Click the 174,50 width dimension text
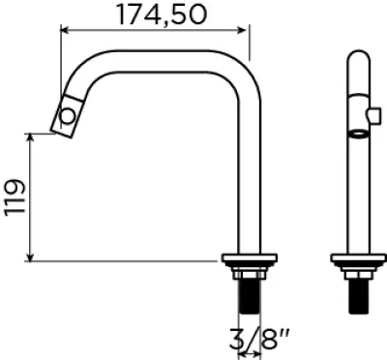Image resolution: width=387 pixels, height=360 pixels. tap(161, 15)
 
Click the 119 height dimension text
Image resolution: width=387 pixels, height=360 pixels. tap(15, 196)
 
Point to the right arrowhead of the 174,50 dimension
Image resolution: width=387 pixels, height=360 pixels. tap(242, 30)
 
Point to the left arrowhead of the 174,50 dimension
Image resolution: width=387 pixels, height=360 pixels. tap(66, 30)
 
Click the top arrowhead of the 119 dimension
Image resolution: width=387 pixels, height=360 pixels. tap(30, 138)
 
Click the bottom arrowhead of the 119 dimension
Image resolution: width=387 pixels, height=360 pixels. tap(30, 256)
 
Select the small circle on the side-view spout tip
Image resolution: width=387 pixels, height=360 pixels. tap(68, 116)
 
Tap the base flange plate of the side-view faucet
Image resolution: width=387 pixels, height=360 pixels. tap(250, 257)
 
